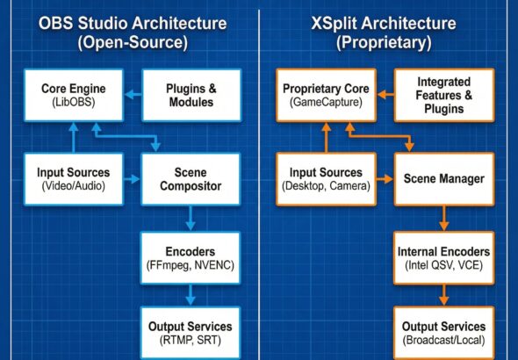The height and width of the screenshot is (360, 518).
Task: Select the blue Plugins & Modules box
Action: point(191,97)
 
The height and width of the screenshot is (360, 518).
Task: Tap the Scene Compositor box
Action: point(191,179)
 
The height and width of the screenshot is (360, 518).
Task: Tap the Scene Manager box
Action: point(443,179)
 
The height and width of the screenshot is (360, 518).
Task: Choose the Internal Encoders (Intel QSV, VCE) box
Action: point(443,256)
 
